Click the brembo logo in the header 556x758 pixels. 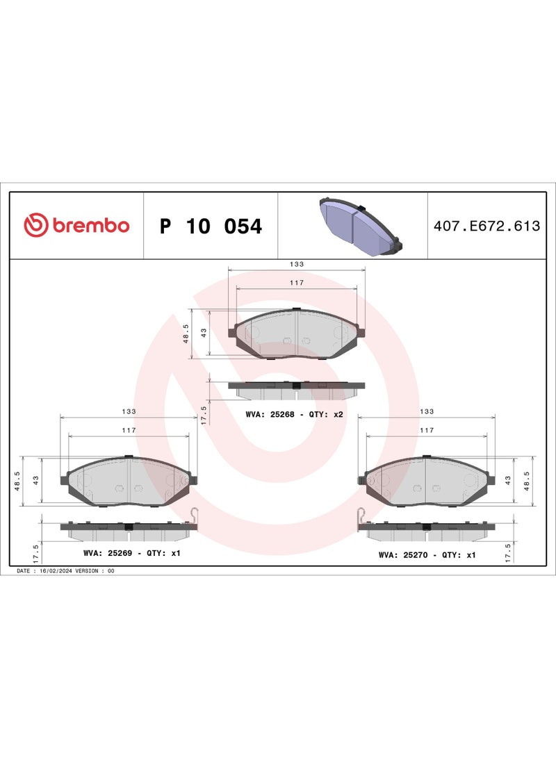(x=76, y=225)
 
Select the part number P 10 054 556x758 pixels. (x=211, y=226)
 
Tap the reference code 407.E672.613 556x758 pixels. (x=487, y=226)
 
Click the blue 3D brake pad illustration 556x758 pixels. (x=361, y=226)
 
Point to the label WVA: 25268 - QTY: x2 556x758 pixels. (x=295, y=414)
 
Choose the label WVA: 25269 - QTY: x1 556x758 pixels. (x=132, y=552)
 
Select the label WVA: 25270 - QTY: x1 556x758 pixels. (x=427, y=555)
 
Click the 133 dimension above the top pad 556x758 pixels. (x=296, y=264)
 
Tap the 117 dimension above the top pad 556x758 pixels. (x=296, y=282)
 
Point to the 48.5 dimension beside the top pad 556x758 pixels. (x=186, y=333)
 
